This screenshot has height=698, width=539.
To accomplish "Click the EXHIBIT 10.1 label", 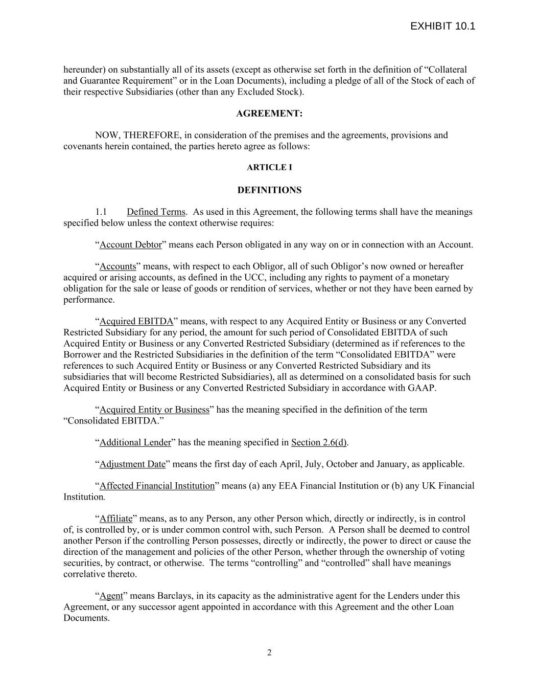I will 442,27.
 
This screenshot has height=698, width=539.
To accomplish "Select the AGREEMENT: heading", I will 269,114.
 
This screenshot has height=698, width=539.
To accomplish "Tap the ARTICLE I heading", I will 269,167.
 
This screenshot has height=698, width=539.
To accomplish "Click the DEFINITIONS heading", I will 269,190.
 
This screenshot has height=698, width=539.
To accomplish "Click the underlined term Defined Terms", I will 156,212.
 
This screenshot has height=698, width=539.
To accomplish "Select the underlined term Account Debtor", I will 130,244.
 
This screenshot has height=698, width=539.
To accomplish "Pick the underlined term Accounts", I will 118,266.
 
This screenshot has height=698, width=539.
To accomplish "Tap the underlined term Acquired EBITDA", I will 136,322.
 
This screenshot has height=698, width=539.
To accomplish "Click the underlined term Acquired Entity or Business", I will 154,410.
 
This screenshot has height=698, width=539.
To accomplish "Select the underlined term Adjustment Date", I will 132,464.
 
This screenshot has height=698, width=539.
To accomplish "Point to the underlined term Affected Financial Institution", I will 157,486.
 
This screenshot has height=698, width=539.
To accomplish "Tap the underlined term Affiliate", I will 115,519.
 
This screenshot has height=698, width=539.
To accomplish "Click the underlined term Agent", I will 111,596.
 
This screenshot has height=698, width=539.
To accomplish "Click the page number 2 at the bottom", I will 269,652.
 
